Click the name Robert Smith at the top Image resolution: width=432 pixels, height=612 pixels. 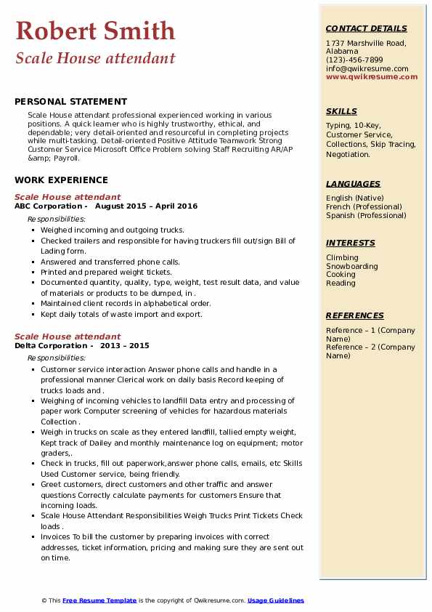[95, 31]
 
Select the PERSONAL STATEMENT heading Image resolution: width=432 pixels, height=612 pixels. [70, 102]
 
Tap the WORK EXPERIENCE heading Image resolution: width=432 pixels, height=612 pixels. [61, 180]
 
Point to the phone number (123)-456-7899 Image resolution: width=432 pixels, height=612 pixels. [354, 60]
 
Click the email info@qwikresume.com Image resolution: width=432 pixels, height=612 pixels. [367, 68]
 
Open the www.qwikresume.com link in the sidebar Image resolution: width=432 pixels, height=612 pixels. [372, 76]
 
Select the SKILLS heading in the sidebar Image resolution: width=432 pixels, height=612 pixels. [341, 111]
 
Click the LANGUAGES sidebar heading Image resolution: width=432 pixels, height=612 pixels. [353, 184]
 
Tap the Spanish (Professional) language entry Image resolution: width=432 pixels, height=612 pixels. [366, 215]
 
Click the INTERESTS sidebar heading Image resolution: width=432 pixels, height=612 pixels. [350, 243]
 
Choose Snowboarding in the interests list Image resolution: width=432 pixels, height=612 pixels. [352, 266]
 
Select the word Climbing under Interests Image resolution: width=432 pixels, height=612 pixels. [342, 257]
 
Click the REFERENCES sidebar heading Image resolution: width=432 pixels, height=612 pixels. [354, 315]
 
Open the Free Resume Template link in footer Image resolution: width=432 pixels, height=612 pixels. [99, 600]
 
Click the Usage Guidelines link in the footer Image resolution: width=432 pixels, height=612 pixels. [275, 600]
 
